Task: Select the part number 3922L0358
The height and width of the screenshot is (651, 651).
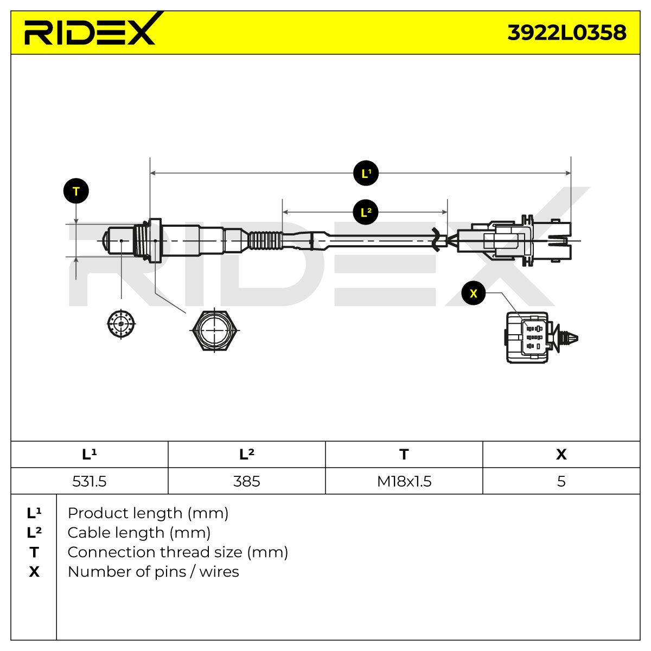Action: click(x=566, y=33)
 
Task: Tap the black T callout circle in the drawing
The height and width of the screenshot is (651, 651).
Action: click(x=76, y=191)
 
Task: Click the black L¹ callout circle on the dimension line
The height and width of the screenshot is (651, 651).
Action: click(x=366, y=173)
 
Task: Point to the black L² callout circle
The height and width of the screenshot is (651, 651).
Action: click(x=365, y=212)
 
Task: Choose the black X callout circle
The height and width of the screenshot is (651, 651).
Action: click(x=473, y=293)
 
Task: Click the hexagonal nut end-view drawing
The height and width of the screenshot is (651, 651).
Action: click(x=214, y=330)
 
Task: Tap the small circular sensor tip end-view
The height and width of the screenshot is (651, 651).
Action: click(x=122, y=324)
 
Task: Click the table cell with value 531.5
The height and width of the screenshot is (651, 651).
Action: click(x=89, y=481)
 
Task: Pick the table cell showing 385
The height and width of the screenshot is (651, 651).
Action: click(x=247, y=481)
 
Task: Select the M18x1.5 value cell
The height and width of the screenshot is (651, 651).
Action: click(x=404, y=481)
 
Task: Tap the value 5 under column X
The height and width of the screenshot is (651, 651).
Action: click(x=561, y=481)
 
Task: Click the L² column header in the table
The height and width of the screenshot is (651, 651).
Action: click(x=247, y=455)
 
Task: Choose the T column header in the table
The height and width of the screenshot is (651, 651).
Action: click(x=404, y=455)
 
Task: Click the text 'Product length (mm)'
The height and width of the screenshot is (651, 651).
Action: click(x=148, y=514)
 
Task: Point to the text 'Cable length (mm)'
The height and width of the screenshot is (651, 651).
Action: click(x=139, y=533)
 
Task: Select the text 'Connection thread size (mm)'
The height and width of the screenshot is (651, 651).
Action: click(x=178, y=552)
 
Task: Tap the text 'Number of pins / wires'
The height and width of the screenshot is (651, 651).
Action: click(x=153, y=572)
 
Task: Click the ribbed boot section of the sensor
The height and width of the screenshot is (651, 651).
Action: click(x=265, y=241)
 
